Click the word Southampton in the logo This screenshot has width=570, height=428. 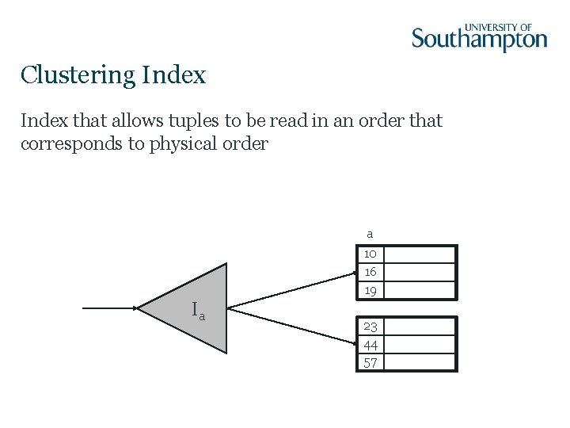pyautogui.click(x=479, y=40)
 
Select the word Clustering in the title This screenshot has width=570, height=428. pyautogui.click(x=78, y=75)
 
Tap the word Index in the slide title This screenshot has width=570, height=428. pyautogui.click(x=173, y=75)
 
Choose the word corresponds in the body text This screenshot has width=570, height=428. pyautogui.click(x=76, y=143)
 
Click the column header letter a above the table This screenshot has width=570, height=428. pyautogui.click(x=370, y=234)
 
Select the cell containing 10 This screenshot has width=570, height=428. pyautogui.click(x=370, y=254)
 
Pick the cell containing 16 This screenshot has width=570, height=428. pyautogui.click(x=370, y=272)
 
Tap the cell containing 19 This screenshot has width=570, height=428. pyautogui.click(x=370, y=291)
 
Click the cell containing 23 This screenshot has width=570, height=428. pyautogui.click(x=370, y=326)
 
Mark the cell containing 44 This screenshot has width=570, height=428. pyautogui.click(x=370, y=345)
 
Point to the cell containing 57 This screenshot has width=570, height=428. pyautogui.click(x=370, y=363)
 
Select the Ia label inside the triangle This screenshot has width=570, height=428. pyautogui.click(x=198, y=311)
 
